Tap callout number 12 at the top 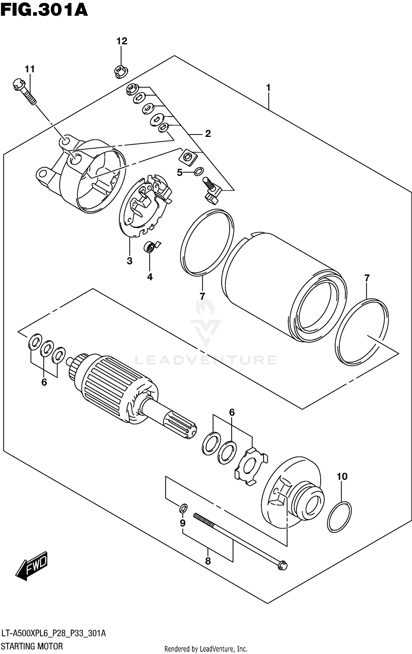click(x=122, y=41)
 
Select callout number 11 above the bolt click(x=30, y=69)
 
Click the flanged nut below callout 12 click(x=121, y=72)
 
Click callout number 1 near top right click(x=268, y=88)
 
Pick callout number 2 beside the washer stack click(x=208, y=134)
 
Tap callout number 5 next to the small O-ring click(x=180, y=173)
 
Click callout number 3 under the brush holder click(x=129, y=261)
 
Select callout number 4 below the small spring click(x=150, y=277)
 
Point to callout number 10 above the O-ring click(x=342, y=476)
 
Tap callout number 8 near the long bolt click(x=208, y=561)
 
